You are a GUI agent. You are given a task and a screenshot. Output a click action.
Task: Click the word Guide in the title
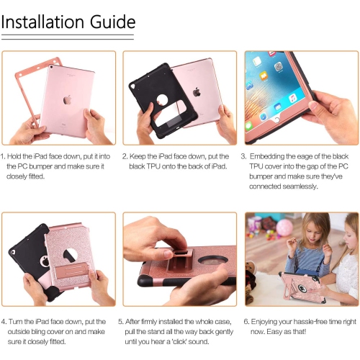coord(112,22)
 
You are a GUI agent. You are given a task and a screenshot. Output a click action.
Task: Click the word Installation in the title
coord(42,22)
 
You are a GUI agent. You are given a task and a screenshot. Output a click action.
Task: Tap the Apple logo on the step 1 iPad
coord(68,100)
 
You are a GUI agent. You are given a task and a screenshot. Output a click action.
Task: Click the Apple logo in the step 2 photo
coord(197,92)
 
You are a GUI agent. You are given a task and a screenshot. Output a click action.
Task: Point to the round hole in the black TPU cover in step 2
coord(162,100)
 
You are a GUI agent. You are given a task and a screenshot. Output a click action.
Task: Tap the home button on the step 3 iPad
coord(277,120)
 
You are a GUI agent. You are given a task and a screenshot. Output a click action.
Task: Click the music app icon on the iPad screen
coord(292,99)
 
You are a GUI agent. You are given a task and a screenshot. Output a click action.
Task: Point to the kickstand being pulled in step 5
coord(179,261)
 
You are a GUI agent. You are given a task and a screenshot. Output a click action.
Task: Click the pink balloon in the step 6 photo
coord(284,228)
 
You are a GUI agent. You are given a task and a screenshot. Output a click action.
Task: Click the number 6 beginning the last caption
coord(246,322)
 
